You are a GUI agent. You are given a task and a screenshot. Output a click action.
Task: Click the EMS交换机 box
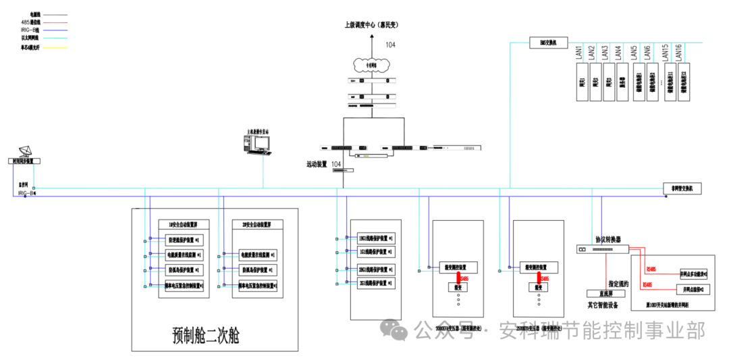click(547, 43)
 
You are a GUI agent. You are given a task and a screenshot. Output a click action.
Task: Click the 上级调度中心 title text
click(371, 25)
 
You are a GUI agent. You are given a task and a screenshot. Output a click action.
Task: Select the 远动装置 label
click(317, 164)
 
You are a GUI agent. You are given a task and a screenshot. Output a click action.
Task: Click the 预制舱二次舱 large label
click(206, 335)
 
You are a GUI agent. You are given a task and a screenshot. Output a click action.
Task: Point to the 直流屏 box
click(594, 294)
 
